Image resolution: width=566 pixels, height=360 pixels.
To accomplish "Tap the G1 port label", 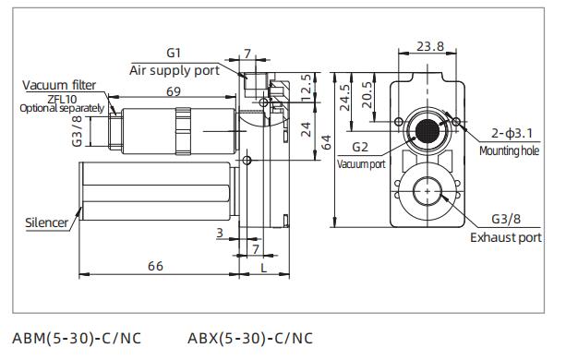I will pyautogui.click(x=175, y=54).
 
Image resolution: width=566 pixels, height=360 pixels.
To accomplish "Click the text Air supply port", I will pyautogui.click(x=174, y=70).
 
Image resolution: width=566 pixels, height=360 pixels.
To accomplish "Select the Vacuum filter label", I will pyautogui.click(x=59, y=85).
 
